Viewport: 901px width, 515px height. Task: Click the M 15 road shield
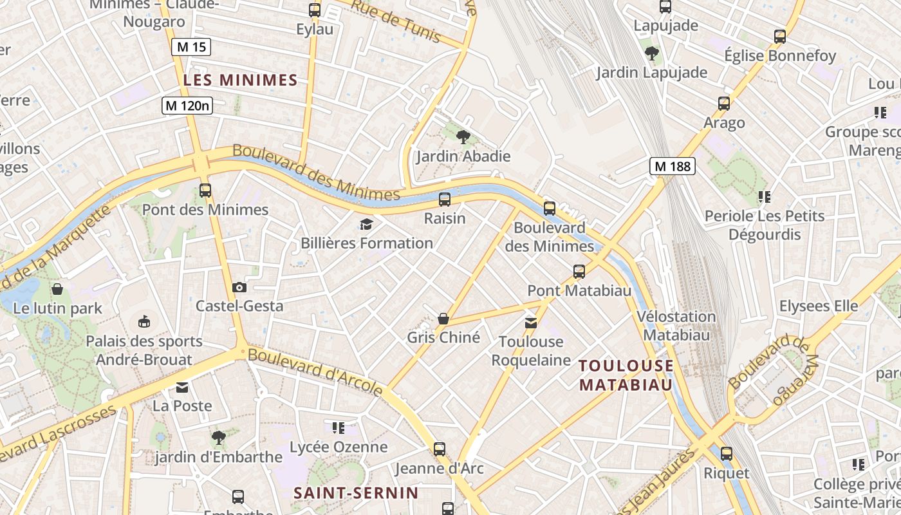click(x=191, y=47)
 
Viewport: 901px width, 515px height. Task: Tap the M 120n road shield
click(x=187, y=106)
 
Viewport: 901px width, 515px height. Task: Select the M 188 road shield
click(x=673, y=166)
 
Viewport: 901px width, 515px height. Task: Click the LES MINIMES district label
click(x=240, y=80)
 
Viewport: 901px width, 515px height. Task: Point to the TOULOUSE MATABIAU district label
click(x=626, y=375)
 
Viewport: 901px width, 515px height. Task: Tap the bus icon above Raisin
click(x=445, y=200)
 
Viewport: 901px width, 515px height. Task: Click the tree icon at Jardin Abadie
click(x=463, y=136)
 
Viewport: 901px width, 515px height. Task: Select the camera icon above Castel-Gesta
click(x=239, y=287)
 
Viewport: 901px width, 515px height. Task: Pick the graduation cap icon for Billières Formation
click(x=366, y=224)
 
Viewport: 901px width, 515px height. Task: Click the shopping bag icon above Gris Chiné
click(x=443, y=319)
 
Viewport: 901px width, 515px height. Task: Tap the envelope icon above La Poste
click(x=182, y=388)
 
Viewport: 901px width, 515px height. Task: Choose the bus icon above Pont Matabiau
click(x=579, y=272)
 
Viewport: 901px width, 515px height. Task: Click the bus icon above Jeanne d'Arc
click(x=440, y=449)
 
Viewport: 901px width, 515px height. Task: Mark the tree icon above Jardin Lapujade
click(x=652, y=53)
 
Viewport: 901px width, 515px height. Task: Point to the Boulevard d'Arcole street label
click(x=315, y=372)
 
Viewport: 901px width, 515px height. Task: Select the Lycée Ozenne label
click(x=339, y=447)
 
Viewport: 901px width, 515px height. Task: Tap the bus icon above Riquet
click(x=727, y=454)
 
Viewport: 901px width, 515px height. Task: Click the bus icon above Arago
click(x=724, y=104)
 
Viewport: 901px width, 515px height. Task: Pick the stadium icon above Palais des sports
click(x=144, y=321)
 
